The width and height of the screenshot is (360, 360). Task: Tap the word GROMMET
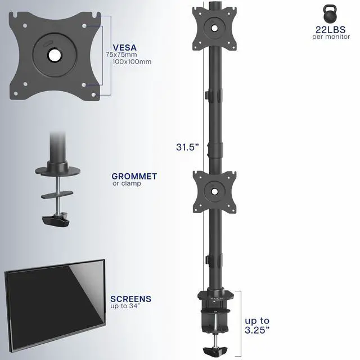point(134,176)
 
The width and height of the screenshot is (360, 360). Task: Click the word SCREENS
point(131,299)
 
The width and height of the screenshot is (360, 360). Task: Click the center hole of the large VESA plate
point(55,55)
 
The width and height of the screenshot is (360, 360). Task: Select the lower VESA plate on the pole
point(214,191)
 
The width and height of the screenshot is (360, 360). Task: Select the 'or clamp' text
point(127,183)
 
